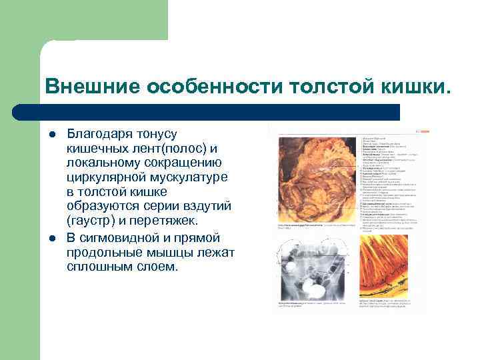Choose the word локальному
107,163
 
